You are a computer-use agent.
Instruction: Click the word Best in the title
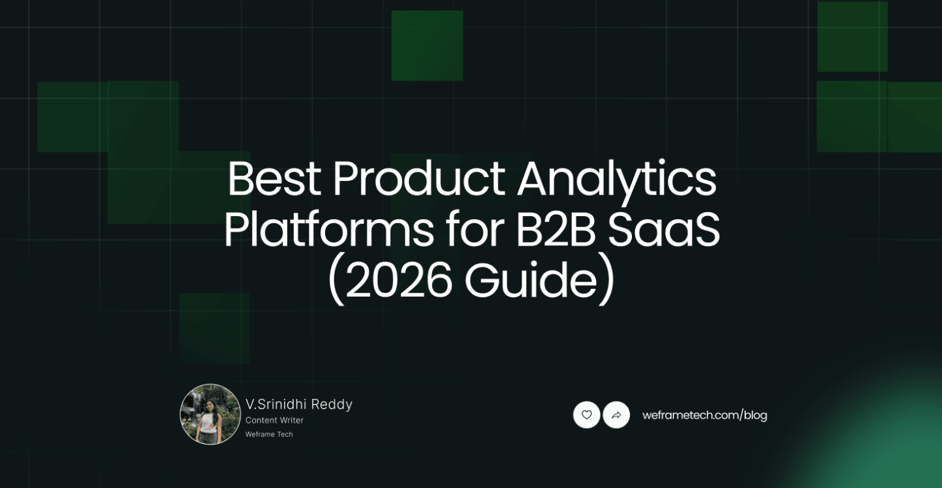coord(274,179)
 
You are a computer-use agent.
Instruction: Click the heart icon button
coord(586,414)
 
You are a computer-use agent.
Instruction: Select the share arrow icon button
coord(616,414)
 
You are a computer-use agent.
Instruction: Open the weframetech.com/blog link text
coord(704,415)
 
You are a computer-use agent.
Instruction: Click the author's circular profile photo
coord(210,414)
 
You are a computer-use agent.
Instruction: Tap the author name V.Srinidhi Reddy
coord(299,404)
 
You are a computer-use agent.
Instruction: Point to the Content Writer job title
coord(274,420)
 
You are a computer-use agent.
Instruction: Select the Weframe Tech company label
coord(269,434)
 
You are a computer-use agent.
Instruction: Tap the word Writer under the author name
coord(291,420)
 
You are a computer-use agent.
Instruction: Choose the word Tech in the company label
coord(285,434)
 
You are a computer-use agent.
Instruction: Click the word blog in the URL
coord(756,415)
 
